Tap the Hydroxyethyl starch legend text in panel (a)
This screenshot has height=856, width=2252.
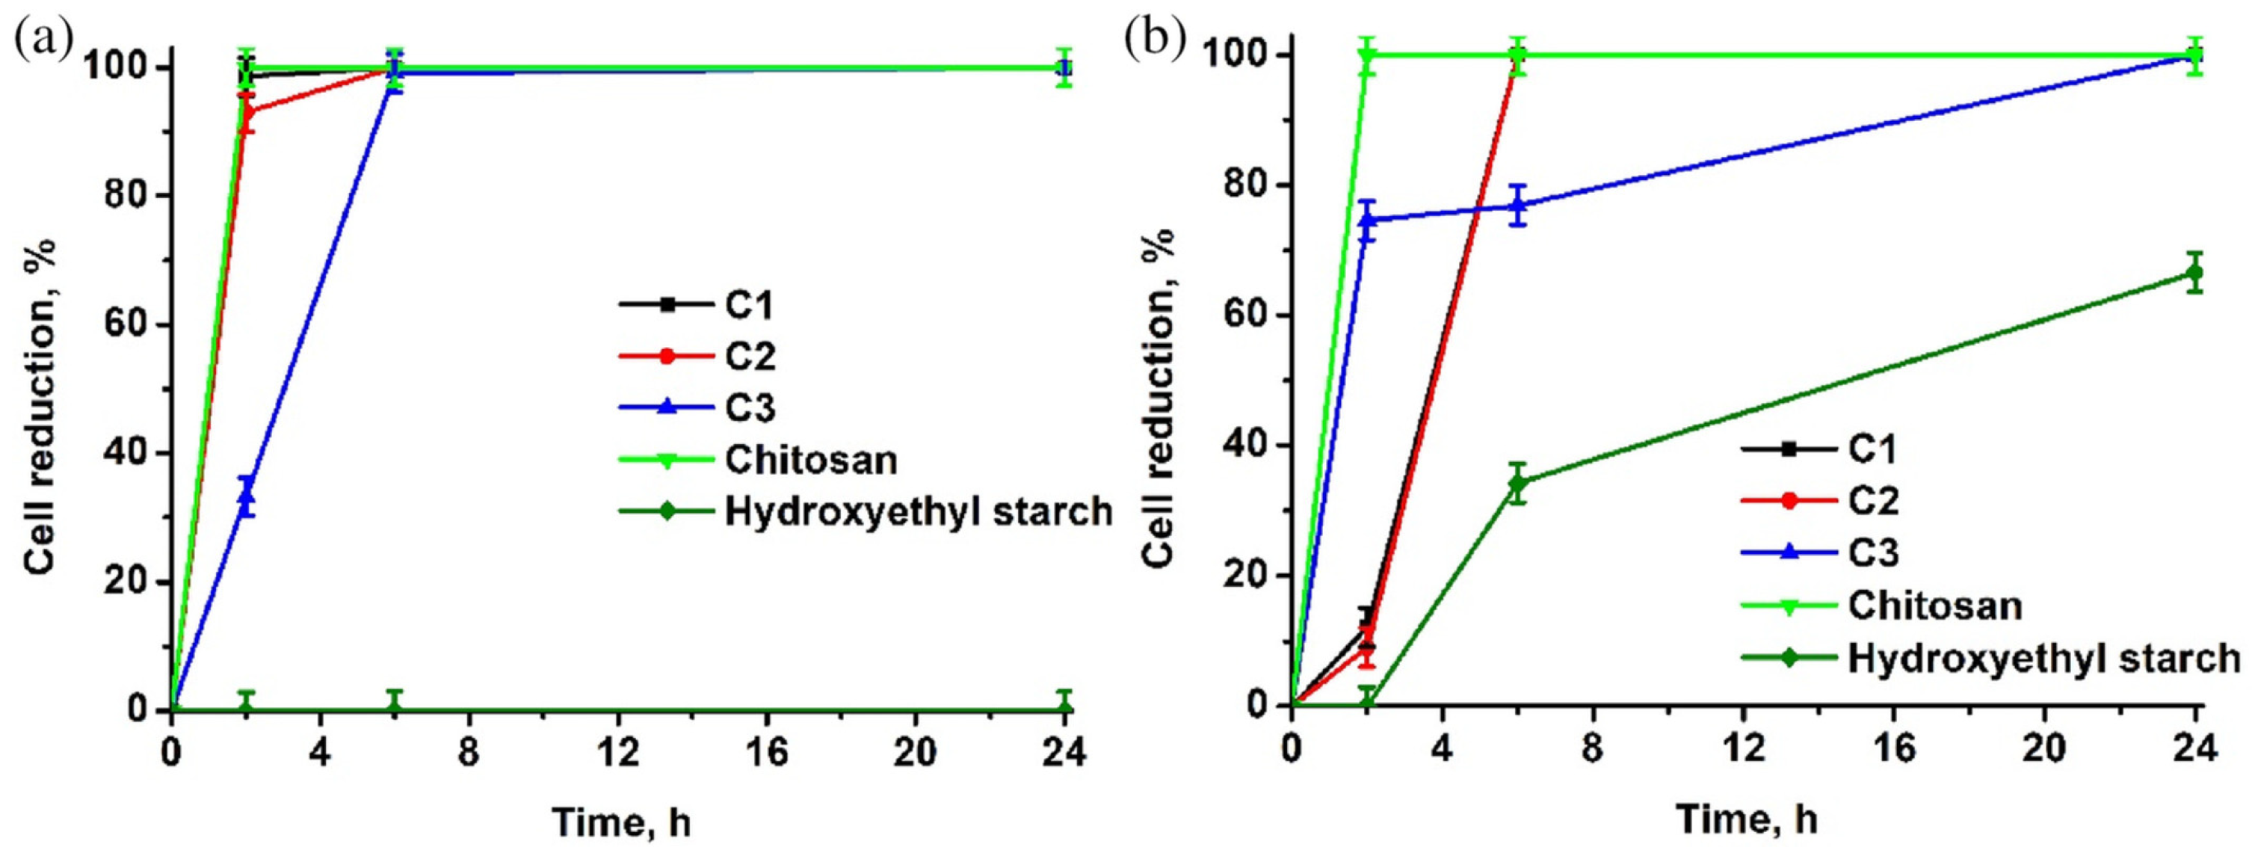tap(918, 511)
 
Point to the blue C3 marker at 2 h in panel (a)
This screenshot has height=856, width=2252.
tap(247, 496)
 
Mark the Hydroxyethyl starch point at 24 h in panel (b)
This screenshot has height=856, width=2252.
tap(2194, 273)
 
